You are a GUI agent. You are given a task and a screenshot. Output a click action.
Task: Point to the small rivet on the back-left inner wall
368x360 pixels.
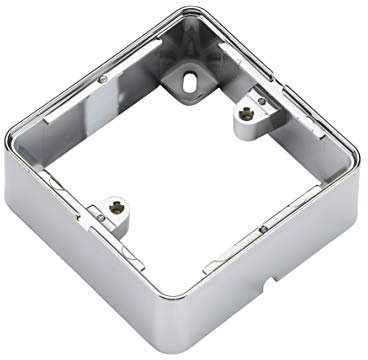click(103, 77)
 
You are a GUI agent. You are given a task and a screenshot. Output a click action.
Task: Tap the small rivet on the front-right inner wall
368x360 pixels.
click(261, 228)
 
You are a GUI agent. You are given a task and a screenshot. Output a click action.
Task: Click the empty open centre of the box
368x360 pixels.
click(180, 170)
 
